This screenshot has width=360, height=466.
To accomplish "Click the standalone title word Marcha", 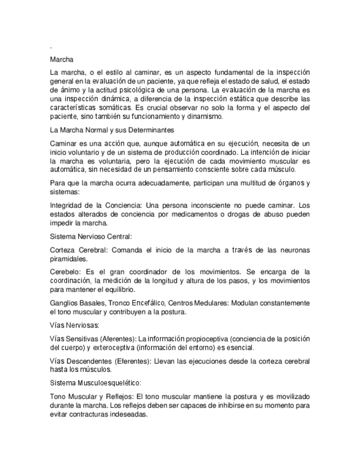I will pos(62,58).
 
